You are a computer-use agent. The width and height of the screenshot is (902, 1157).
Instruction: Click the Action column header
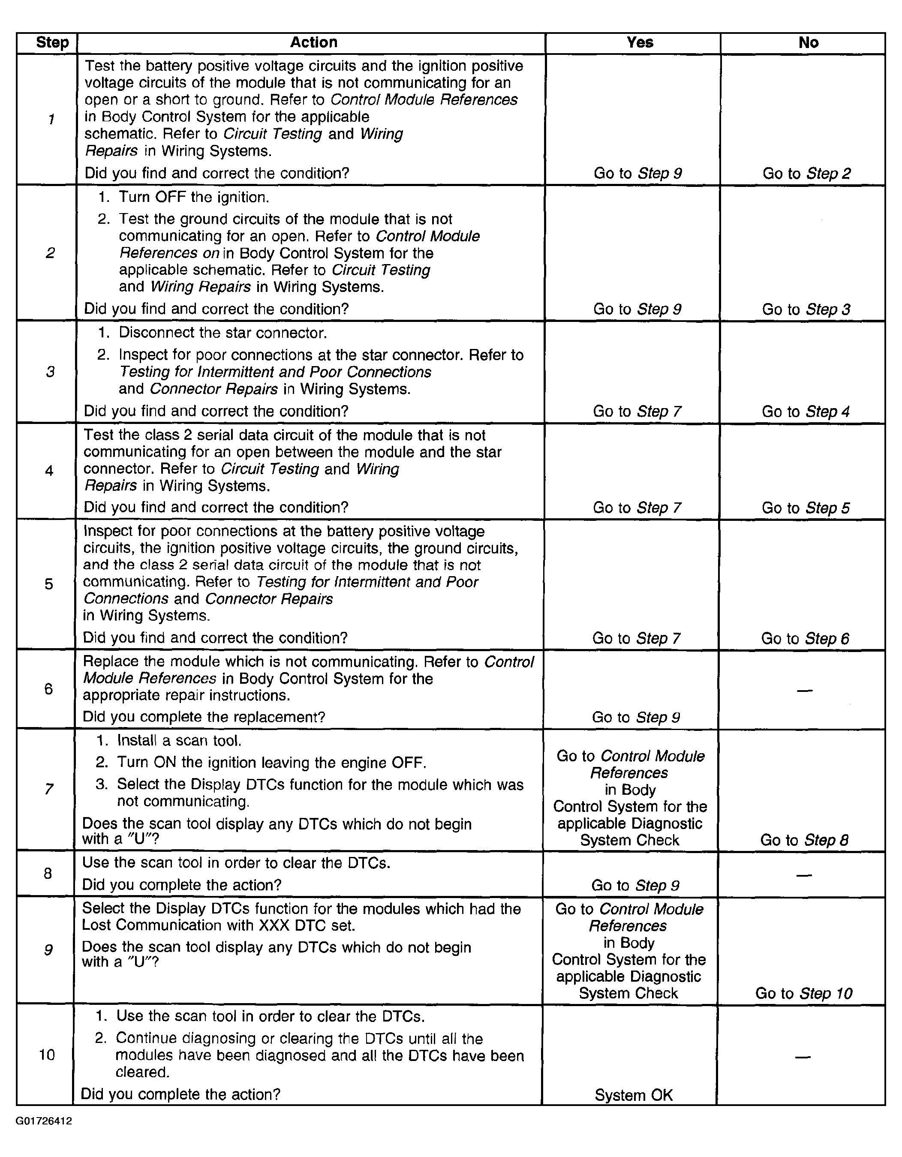[313, 42]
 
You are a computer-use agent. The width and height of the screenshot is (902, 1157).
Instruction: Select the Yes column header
[639, 42]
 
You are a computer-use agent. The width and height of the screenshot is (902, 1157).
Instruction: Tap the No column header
[808, 42]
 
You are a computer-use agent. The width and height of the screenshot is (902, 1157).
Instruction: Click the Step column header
[52, 42]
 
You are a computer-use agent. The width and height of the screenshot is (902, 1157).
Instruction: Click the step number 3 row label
[50, 372]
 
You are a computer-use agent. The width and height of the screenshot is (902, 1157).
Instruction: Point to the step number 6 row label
[49, 689]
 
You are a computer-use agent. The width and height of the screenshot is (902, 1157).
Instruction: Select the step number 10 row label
[47, 1055]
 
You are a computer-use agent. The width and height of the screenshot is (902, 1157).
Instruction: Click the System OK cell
[634, 1095]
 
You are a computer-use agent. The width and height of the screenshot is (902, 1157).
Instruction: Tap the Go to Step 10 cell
[803, 993]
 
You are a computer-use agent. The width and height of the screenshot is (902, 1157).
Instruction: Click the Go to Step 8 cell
[804, 840]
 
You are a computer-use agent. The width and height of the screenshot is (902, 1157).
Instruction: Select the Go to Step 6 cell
[805, 638]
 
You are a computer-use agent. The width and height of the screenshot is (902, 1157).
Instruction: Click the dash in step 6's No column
[805, 690]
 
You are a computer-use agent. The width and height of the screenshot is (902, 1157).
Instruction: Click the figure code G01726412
[44, 1121]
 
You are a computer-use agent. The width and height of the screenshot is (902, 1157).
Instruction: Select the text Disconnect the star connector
[222, 333]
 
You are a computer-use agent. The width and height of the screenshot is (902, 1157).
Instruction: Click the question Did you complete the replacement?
[204, 717]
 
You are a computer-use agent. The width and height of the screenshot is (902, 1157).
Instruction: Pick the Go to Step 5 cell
[805, 508]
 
